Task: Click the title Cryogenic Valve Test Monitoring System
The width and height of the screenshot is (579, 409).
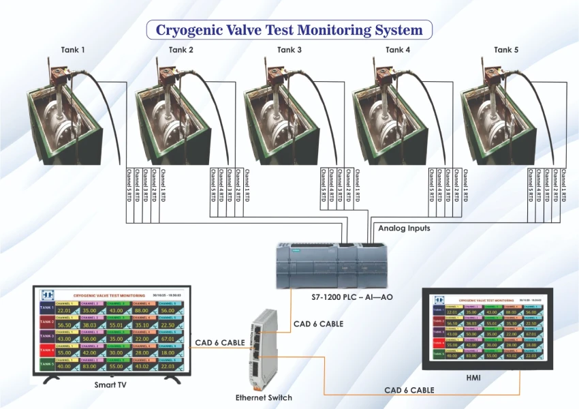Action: [290, 30]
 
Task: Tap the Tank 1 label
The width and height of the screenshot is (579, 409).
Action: [73, 50]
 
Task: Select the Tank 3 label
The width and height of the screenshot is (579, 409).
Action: [289, 50]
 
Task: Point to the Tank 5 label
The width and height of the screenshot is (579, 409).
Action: [506, 50]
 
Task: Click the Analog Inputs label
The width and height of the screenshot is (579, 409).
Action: [404, 228]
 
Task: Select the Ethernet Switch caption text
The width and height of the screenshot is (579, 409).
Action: [264, 397]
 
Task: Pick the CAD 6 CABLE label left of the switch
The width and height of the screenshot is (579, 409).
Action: [219, 342]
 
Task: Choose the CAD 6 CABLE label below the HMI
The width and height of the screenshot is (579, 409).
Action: [409, 390]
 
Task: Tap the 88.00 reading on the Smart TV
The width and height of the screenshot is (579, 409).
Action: [141, 311]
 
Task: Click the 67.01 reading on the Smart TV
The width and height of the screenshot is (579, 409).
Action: [168, 338]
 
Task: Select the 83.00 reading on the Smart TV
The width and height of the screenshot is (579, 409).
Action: [90, 366]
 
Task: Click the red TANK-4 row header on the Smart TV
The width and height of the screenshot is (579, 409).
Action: [46, 352]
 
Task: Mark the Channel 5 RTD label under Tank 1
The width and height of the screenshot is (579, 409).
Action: [129, 185]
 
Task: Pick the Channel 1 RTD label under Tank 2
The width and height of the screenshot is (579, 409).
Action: [247, 185]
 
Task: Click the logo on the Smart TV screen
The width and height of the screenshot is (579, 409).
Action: [46, 295]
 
